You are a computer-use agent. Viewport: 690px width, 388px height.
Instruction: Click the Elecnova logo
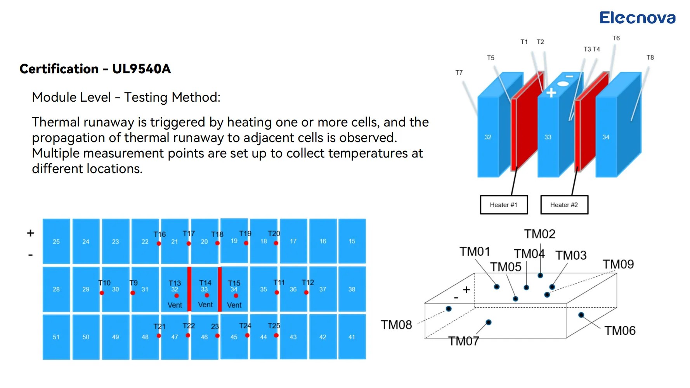pyautogui.click(x=637, y=18)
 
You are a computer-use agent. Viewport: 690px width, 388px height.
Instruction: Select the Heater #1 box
pyautogui.click(x=503, y=205)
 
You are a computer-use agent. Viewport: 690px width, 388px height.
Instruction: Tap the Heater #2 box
pyautogui.click(x=564, y=205)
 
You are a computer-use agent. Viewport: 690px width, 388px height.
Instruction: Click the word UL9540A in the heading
pyautogui.click(x=141, y=69)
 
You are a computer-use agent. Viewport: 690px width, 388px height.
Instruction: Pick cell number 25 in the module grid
pyautogui.click(x=56, y=241)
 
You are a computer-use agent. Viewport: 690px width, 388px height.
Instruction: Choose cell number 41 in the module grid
pyautogui.click(x=352, y=337)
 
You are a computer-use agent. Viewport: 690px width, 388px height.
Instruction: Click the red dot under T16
pyautogui.click(x=159, y=244)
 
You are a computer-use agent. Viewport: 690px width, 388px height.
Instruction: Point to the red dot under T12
pyautogui.click(x=306, y=293)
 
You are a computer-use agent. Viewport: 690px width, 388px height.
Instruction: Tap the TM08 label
pyautogui.click(x=396, y=325)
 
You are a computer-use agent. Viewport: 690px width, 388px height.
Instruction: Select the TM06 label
pyautogui.click(x=620, y=331)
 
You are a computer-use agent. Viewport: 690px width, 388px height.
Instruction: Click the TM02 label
pyautogui.click(x=539, y=234)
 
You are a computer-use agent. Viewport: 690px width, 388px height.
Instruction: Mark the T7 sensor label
pyautogui.click(x=459, y=73)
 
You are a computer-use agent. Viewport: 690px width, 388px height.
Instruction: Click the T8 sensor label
pyautogui.click(x=650, y=57)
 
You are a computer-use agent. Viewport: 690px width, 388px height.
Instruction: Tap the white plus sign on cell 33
pyautogui.click(x=551, y=93)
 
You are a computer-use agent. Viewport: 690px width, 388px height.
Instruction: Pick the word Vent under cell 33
pyautogui.click(x=205, y=305)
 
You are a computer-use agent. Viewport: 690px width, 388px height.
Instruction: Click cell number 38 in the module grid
pyautogui.click(x=352, y=289)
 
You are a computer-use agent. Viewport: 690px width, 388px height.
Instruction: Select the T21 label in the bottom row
pyautogui.click(x=159, y=326)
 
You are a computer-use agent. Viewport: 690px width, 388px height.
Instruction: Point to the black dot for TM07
pyautogui.click(x=489, y=322)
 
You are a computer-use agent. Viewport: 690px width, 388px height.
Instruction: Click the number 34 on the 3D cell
pyautogui.click(x=605, y=137)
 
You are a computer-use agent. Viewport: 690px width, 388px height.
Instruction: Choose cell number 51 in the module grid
pyautogui.click(x=56, y=337)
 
